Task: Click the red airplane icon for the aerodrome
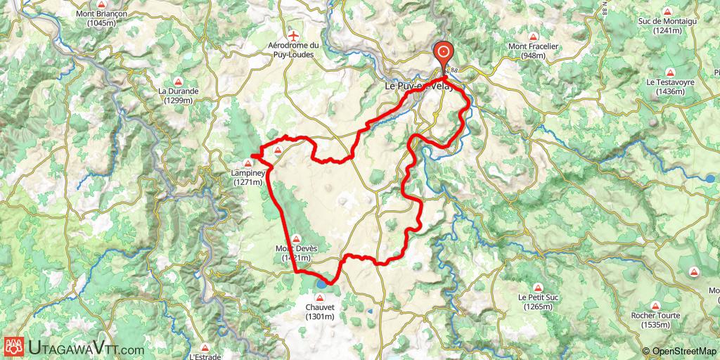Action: coord(293,35)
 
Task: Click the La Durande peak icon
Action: coord(179,79)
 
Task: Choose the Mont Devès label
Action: coord(296,253)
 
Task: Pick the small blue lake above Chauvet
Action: coord(321,284)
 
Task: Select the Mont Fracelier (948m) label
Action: coord(533,51)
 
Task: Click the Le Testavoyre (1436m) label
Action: coord(671,87)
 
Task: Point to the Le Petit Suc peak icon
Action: coord(538,287)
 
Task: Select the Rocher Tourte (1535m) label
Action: coord(655,320)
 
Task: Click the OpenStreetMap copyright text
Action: coord(679,351)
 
